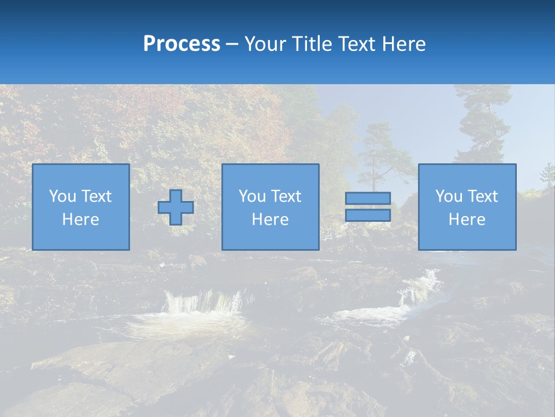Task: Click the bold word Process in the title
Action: (182, 44)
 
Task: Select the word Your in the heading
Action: (264, 44)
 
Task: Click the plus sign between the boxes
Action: (176, 207)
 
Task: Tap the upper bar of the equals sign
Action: (368, 199)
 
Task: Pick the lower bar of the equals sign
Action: (368, 215)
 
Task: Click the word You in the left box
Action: (62, 196)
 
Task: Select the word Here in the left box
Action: (80, 220)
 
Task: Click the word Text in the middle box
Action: (286, 196)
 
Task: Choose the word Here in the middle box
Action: (270, 220)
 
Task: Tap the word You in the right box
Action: (449, 196)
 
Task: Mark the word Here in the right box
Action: (467, 220)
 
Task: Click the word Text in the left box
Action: (96, 196)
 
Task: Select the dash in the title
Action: (232, 44)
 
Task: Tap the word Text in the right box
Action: (482, 196)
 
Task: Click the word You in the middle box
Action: (252, 196)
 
